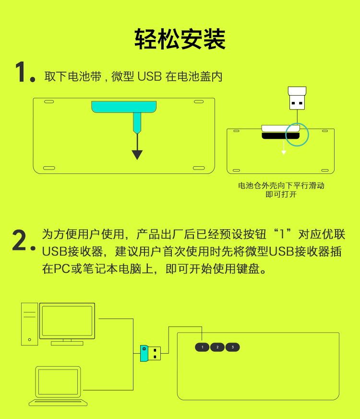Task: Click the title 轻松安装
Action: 180,39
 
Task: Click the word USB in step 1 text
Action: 149,76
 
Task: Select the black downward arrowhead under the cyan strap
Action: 137,155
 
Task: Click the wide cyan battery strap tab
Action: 124,107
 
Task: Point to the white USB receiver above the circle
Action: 297,98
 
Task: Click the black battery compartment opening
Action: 280,136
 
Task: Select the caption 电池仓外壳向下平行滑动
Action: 281,185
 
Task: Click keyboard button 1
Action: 202,347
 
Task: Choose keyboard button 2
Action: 217,347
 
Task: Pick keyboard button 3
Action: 233,347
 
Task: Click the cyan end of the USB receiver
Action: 144,353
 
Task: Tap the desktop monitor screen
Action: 67,321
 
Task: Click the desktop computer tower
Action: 29,324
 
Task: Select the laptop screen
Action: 58,382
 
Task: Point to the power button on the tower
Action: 29,340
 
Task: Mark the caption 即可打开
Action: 281,194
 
